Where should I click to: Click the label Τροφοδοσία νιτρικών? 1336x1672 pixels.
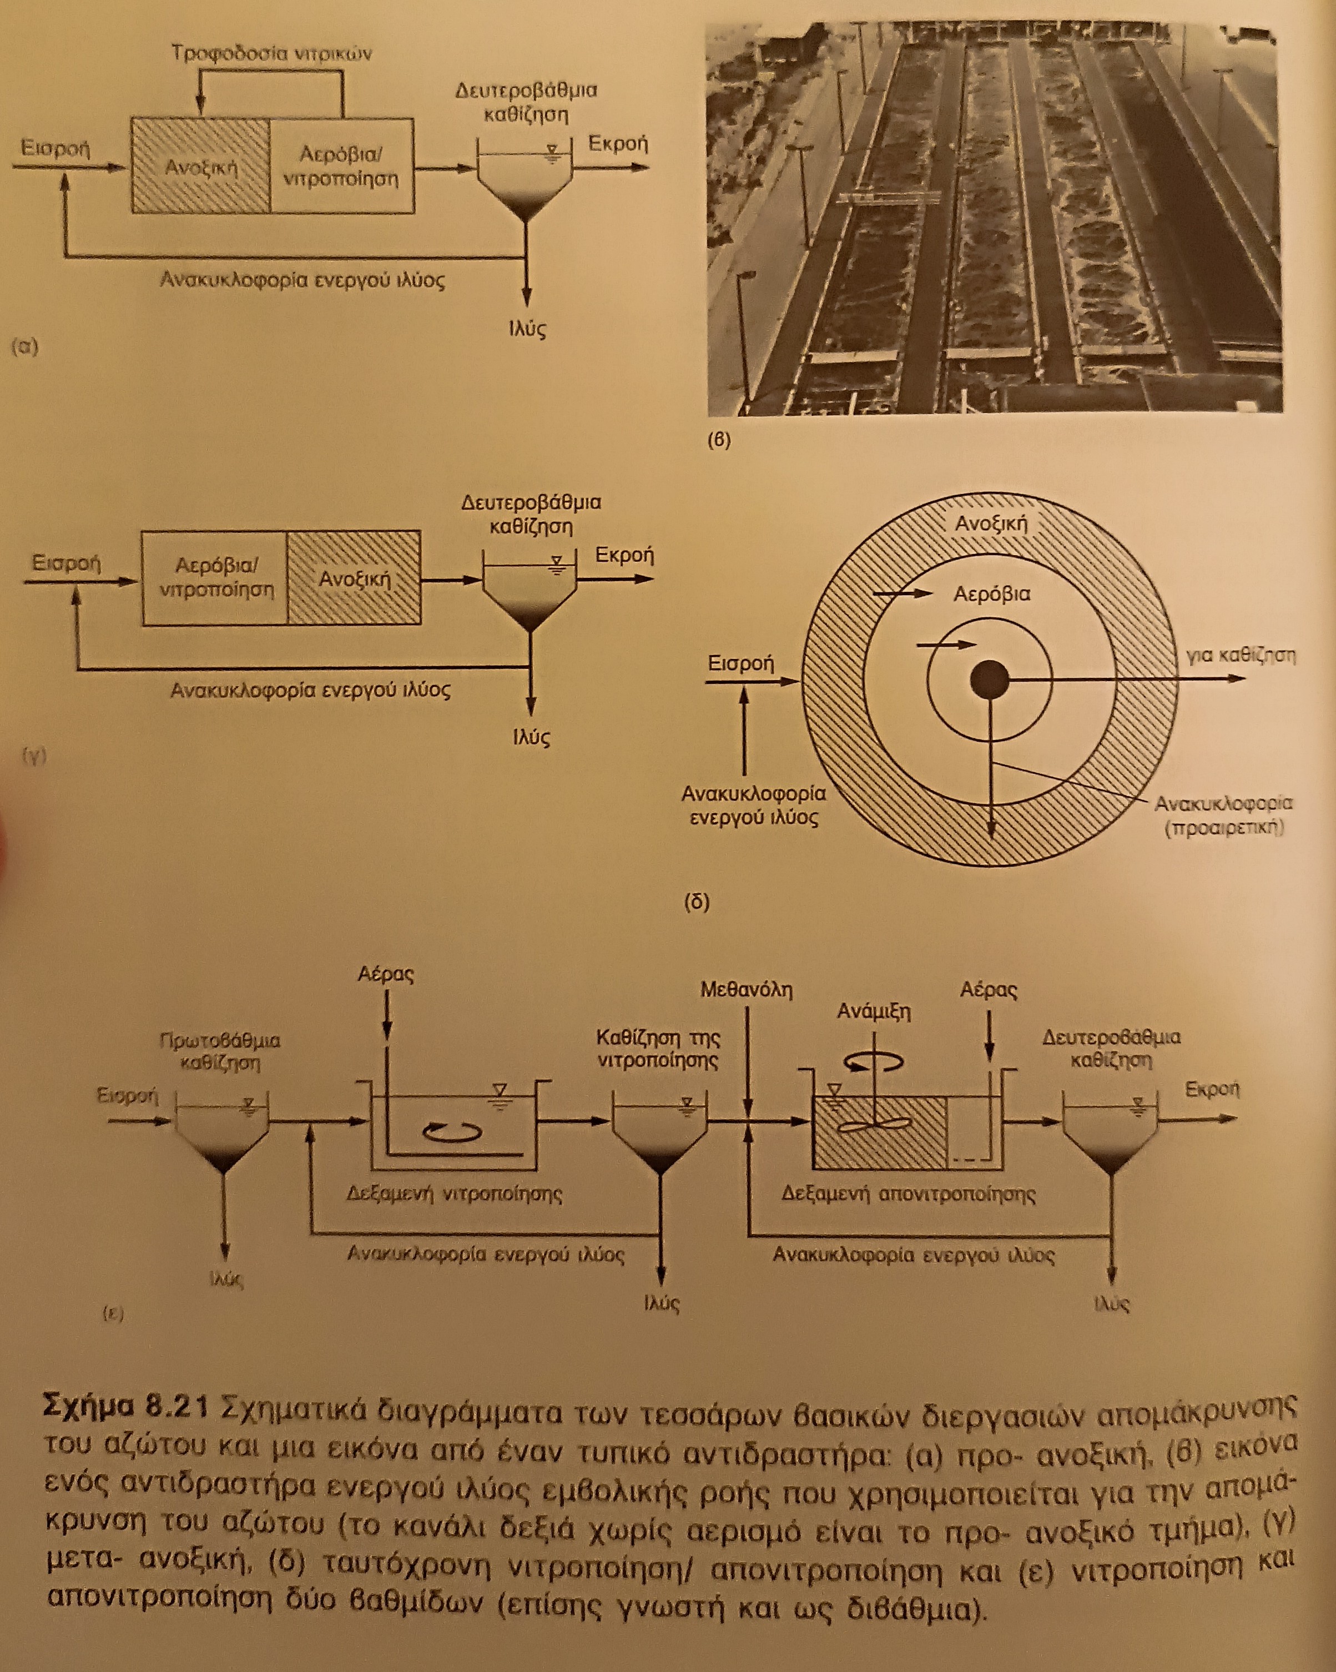coord(271,53)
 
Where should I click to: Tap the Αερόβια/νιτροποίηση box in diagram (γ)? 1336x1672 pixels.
coord(215,578)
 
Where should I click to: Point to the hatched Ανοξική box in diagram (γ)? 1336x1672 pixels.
coord(354,578)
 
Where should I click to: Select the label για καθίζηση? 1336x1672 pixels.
coord(1241,654)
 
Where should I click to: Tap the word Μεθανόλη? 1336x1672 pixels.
coord(746,990)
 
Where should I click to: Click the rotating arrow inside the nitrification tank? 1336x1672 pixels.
coord(451,1132)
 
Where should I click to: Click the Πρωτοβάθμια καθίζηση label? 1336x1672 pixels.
coord(219,1051)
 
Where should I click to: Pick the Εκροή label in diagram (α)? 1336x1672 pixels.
coord(617,144)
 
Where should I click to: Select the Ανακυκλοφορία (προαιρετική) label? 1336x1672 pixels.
coord(1223,815)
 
